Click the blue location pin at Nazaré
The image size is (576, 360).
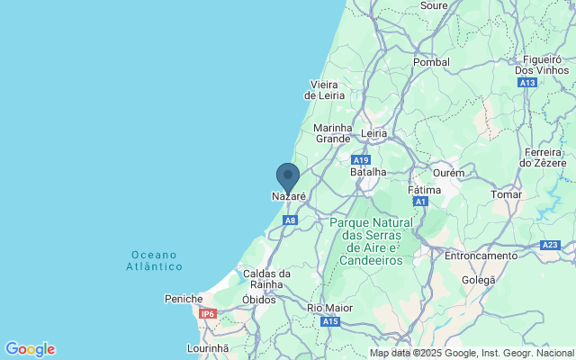pos(287,175)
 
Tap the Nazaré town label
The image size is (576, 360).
pos(289,196)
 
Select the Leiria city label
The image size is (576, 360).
pos(373,133)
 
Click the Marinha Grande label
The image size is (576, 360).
pos(332,133)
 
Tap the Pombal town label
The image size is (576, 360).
pos(431,62)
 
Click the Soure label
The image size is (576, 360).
pos(434,5)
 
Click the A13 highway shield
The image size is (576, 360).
pos(528,82)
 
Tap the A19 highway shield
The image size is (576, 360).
pos(361,159)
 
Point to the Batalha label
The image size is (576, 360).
pos(367,171)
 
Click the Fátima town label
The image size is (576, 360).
pos(424,191)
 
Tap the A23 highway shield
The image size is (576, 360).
pos(550,245)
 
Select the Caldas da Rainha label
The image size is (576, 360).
pos(266,278)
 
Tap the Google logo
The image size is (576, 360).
pos(30,349)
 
